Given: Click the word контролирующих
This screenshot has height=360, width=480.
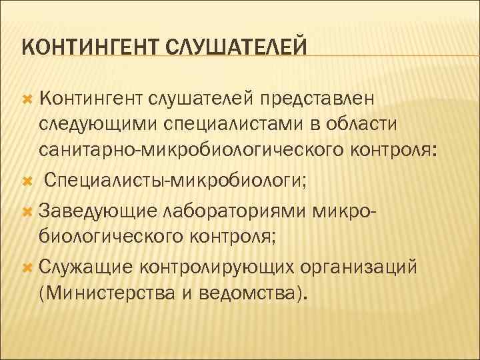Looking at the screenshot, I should point(213,267).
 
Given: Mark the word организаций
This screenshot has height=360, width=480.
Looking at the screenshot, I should point(360,267).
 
